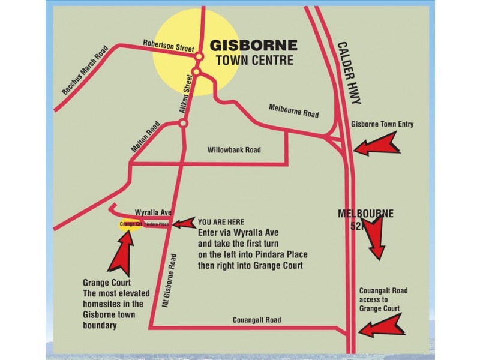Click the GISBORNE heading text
(x=253, y=46)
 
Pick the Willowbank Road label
(x=234, y=150)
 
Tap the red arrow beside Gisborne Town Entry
(x=376, y=144)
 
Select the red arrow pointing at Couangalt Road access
(x=382, y=326)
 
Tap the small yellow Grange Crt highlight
(x=129, y=225)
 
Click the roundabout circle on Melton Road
(x=184, y=124)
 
